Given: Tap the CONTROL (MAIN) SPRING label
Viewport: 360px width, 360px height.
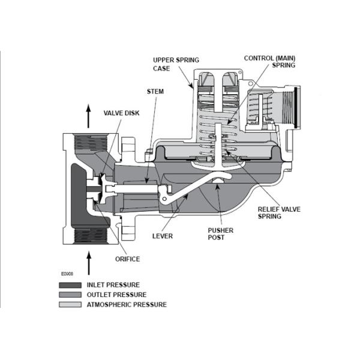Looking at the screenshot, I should coord(269,62).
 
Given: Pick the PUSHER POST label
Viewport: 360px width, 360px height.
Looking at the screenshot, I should coord(220,233).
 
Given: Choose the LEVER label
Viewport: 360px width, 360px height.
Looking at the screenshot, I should coord(163,236).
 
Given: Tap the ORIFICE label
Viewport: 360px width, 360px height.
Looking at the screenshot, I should coord(128,259).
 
